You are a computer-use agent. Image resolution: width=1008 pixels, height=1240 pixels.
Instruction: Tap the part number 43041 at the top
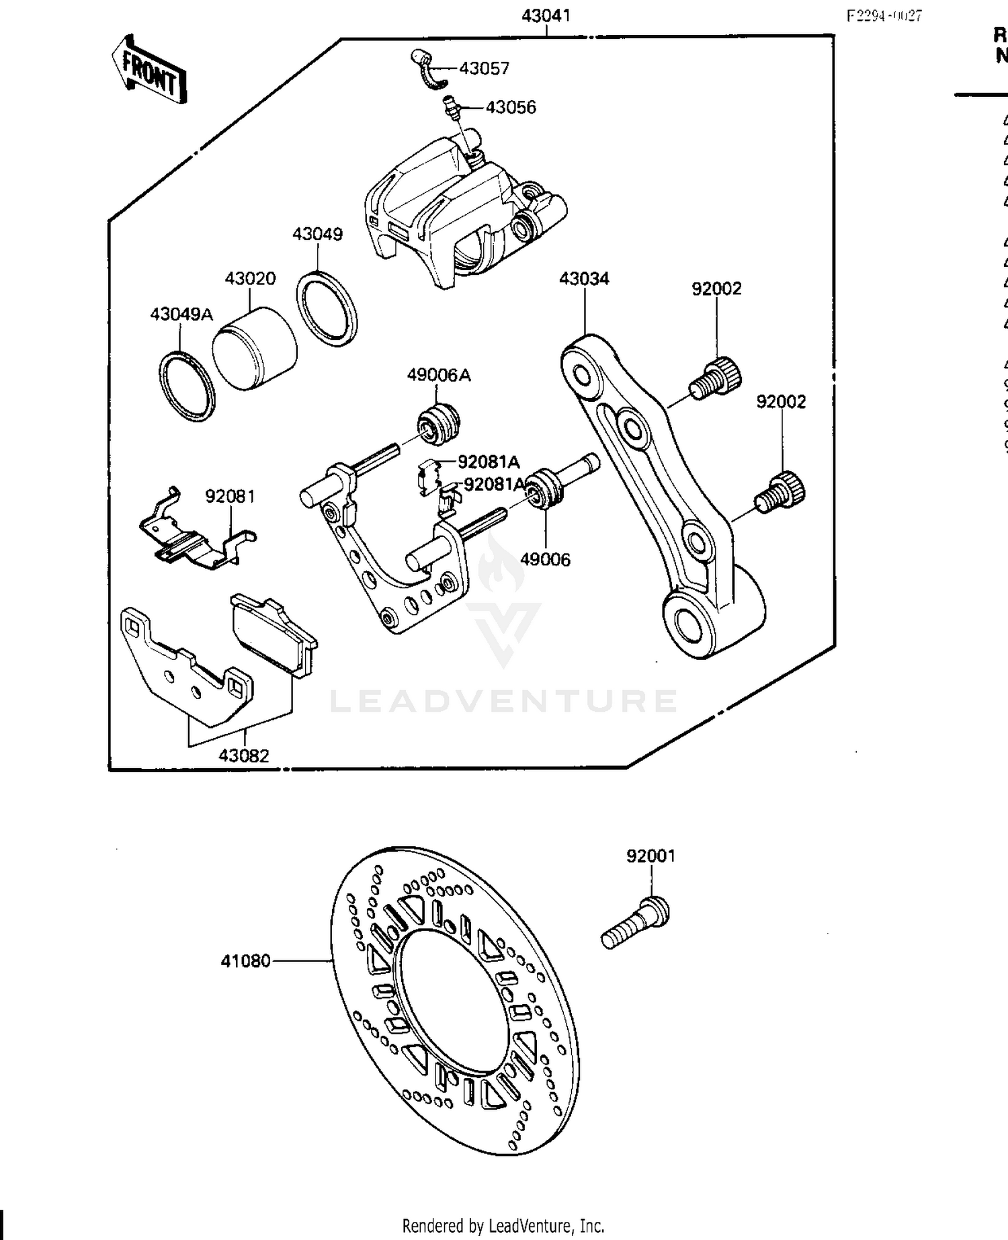click(x=546, y=15)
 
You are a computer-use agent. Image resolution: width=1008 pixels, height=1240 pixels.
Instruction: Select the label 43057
click(x=485, y=69)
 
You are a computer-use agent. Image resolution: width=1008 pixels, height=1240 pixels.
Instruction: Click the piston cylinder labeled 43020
click(x=255, y=349)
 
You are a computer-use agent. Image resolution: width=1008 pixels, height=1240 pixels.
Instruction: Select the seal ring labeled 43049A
click(x=187, y=386)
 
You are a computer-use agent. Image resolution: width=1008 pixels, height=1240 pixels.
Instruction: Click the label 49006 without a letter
click(x=545, y=559)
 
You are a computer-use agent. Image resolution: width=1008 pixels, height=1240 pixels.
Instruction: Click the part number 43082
click(x=243, y=755)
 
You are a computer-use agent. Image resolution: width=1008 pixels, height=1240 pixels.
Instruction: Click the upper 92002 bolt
click(x=716, y=378)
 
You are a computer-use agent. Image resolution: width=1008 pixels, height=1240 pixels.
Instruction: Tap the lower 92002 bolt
click(x=781, y=493)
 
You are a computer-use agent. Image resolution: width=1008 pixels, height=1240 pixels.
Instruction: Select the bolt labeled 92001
click(x=635, y=922)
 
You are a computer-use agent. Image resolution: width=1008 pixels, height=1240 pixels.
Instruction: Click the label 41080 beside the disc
click(x=245, y=961)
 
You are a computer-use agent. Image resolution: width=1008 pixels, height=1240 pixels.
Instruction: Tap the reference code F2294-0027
click(x=884, y=16)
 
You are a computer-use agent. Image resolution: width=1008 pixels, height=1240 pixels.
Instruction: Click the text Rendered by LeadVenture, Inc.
click(x=503, y=1225)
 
